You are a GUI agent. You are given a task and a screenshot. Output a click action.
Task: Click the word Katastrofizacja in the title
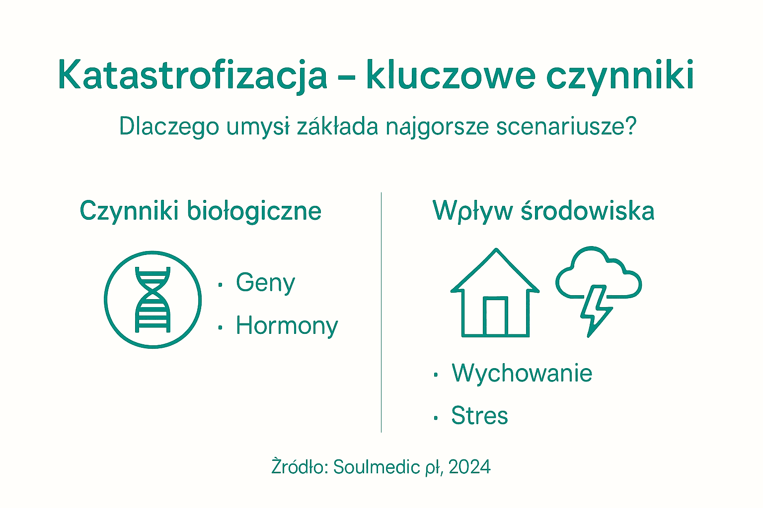coord(193,75)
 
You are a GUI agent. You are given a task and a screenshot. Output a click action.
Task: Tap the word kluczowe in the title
coord(451,75)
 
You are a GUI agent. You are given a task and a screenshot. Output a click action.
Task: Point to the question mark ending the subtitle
coord(630,127)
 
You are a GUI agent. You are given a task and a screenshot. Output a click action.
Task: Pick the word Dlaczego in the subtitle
coord(169,127)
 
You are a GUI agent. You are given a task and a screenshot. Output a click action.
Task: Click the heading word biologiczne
coord(254,211)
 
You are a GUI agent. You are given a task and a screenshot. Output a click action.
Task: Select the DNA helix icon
coord(153,300)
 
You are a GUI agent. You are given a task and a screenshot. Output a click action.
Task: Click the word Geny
coord(265,283)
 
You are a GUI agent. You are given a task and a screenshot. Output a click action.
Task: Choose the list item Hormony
coord(287,326)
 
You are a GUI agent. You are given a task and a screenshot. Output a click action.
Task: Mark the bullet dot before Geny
coord(220,285)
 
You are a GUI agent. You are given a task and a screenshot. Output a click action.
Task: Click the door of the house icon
coord(495,317)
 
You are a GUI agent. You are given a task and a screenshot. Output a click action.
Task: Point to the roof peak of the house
coord(495,251)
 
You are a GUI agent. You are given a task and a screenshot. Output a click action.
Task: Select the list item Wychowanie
coord(522,373)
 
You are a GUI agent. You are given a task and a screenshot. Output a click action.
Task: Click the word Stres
coord(479,416)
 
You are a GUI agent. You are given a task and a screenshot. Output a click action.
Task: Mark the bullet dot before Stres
coord(436,418)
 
